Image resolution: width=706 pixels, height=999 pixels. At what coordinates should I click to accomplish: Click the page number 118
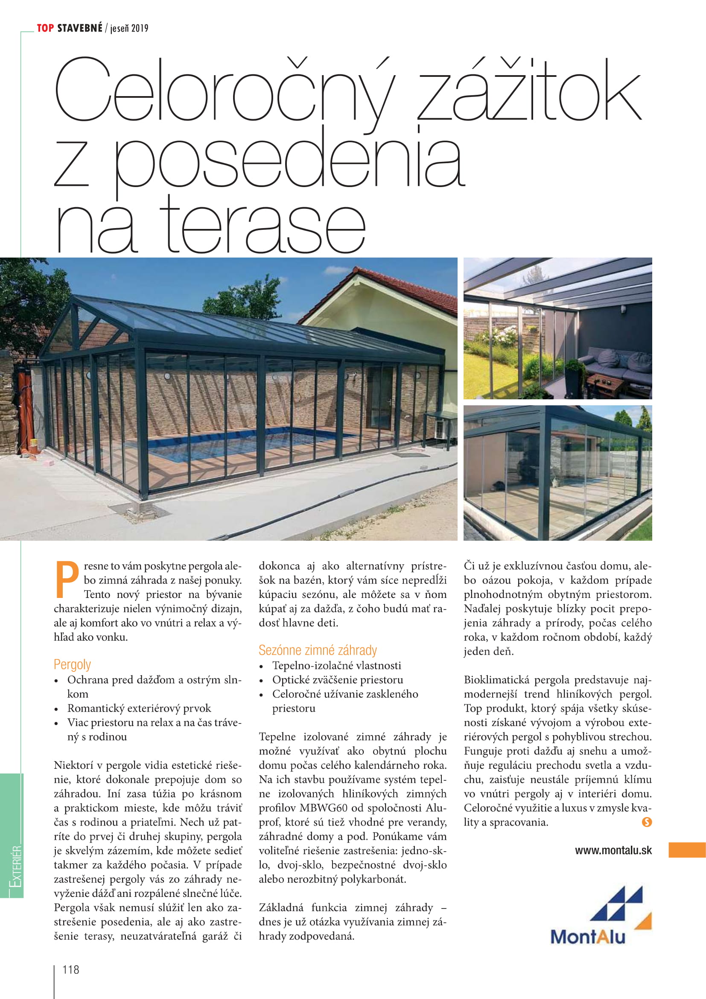click(x=71, y=970)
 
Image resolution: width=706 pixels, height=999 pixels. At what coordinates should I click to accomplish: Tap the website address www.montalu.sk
click(x=613, y=850)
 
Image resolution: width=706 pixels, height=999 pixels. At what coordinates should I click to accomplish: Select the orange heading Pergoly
click(x=72, y=665)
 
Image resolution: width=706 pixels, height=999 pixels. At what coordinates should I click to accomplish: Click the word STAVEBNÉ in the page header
click(x=79, y=28)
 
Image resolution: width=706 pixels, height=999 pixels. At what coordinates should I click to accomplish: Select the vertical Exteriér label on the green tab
click(x=16, y=866)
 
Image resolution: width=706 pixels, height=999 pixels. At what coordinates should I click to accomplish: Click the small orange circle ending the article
click(x=646, y=822)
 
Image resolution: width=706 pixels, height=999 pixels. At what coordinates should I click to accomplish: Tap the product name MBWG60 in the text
click(x=324, y=808)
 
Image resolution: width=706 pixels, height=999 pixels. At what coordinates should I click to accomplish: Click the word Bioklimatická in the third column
click(x=496, y=680)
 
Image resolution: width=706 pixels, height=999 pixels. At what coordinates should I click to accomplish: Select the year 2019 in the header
click(x=140, y=29)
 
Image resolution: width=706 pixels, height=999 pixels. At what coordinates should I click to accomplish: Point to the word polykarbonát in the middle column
click(x=373, y=879)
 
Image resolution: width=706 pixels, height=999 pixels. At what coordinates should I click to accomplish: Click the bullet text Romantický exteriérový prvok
click(x=139, y=708)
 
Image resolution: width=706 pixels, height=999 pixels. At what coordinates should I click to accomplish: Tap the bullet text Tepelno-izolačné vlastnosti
click(x=336, y=665)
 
